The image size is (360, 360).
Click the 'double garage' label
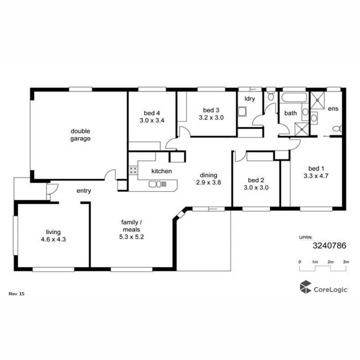pos(80,135)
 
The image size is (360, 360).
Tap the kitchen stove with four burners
pos(133,170)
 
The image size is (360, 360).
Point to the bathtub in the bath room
pos(294,97)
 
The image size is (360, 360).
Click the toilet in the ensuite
pos(337,128)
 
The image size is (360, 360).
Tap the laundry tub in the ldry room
pos(242,112)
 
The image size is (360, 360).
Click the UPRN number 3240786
pos(329,246)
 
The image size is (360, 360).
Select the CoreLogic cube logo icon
pos(305,287)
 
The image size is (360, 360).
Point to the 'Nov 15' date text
pos(16,294)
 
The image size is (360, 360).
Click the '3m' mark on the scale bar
pos(346,262)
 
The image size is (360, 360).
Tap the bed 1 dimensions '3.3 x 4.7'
pos(316,176)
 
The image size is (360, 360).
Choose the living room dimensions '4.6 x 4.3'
pos(53,239)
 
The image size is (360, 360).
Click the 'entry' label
pos(84,191)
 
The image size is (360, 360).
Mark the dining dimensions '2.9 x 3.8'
pos(208,182)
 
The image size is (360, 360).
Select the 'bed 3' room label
pos(211,110)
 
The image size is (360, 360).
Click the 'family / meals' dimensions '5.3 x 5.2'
pos(131,237)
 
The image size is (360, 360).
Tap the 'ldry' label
pos(250,99)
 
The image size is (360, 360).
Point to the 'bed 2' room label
pos(256,180)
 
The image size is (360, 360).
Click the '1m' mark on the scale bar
pos(315,262)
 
